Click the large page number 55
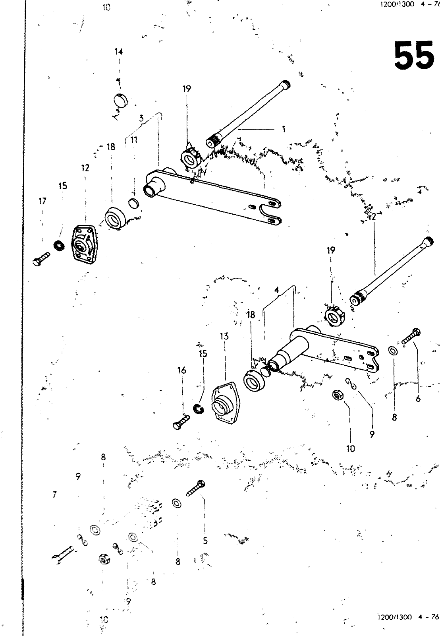coord(413,55)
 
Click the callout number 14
coord(119,52)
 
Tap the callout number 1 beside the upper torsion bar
coord(284,129)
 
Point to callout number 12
coord(85,168)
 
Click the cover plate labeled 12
coord(83,243)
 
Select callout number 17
coord(42,201)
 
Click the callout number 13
coord(224,337)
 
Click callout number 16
coord(181,370)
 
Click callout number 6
coord(418,398)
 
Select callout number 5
coord(205,541)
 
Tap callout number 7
coord(54,495)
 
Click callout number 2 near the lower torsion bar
coord(374,217)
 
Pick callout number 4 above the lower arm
coord(277,291)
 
